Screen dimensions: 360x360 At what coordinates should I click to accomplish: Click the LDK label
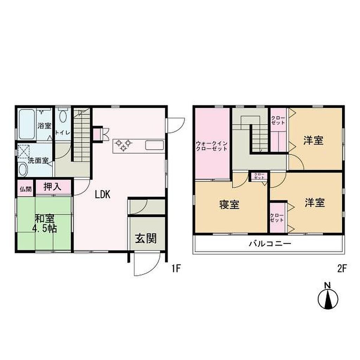(103, 195)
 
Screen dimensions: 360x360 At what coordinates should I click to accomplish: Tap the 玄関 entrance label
(146, 239)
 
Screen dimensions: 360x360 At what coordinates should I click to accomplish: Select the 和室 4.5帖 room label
(45, 224)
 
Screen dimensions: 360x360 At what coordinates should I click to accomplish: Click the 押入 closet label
(52, 187)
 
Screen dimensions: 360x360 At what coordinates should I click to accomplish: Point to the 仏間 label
(26, 189)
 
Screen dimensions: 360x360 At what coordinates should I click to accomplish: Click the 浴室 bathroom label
(45, 126)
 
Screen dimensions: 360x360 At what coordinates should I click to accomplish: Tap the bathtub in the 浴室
(27, 124)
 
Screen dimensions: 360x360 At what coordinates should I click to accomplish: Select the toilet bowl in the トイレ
(63, 115)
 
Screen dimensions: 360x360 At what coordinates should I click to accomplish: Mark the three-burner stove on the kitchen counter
(123, 146)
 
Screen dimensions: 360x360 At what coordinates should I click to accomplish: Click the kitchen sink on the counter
(155, 145)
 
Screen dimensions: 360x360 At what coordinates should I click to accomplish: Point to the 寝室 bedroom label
(229, 205)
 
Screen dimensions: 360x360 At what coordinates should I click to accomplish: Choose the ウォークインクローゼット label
(212, 146)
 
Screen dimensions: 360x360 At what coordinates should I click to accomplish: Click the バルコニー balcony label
(270, 243)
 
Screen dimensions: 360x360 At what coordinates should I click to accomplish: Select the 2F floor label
(342, 268)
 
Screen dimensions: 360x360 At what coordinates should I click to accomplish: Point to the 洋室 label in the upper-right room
(313, 140)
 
